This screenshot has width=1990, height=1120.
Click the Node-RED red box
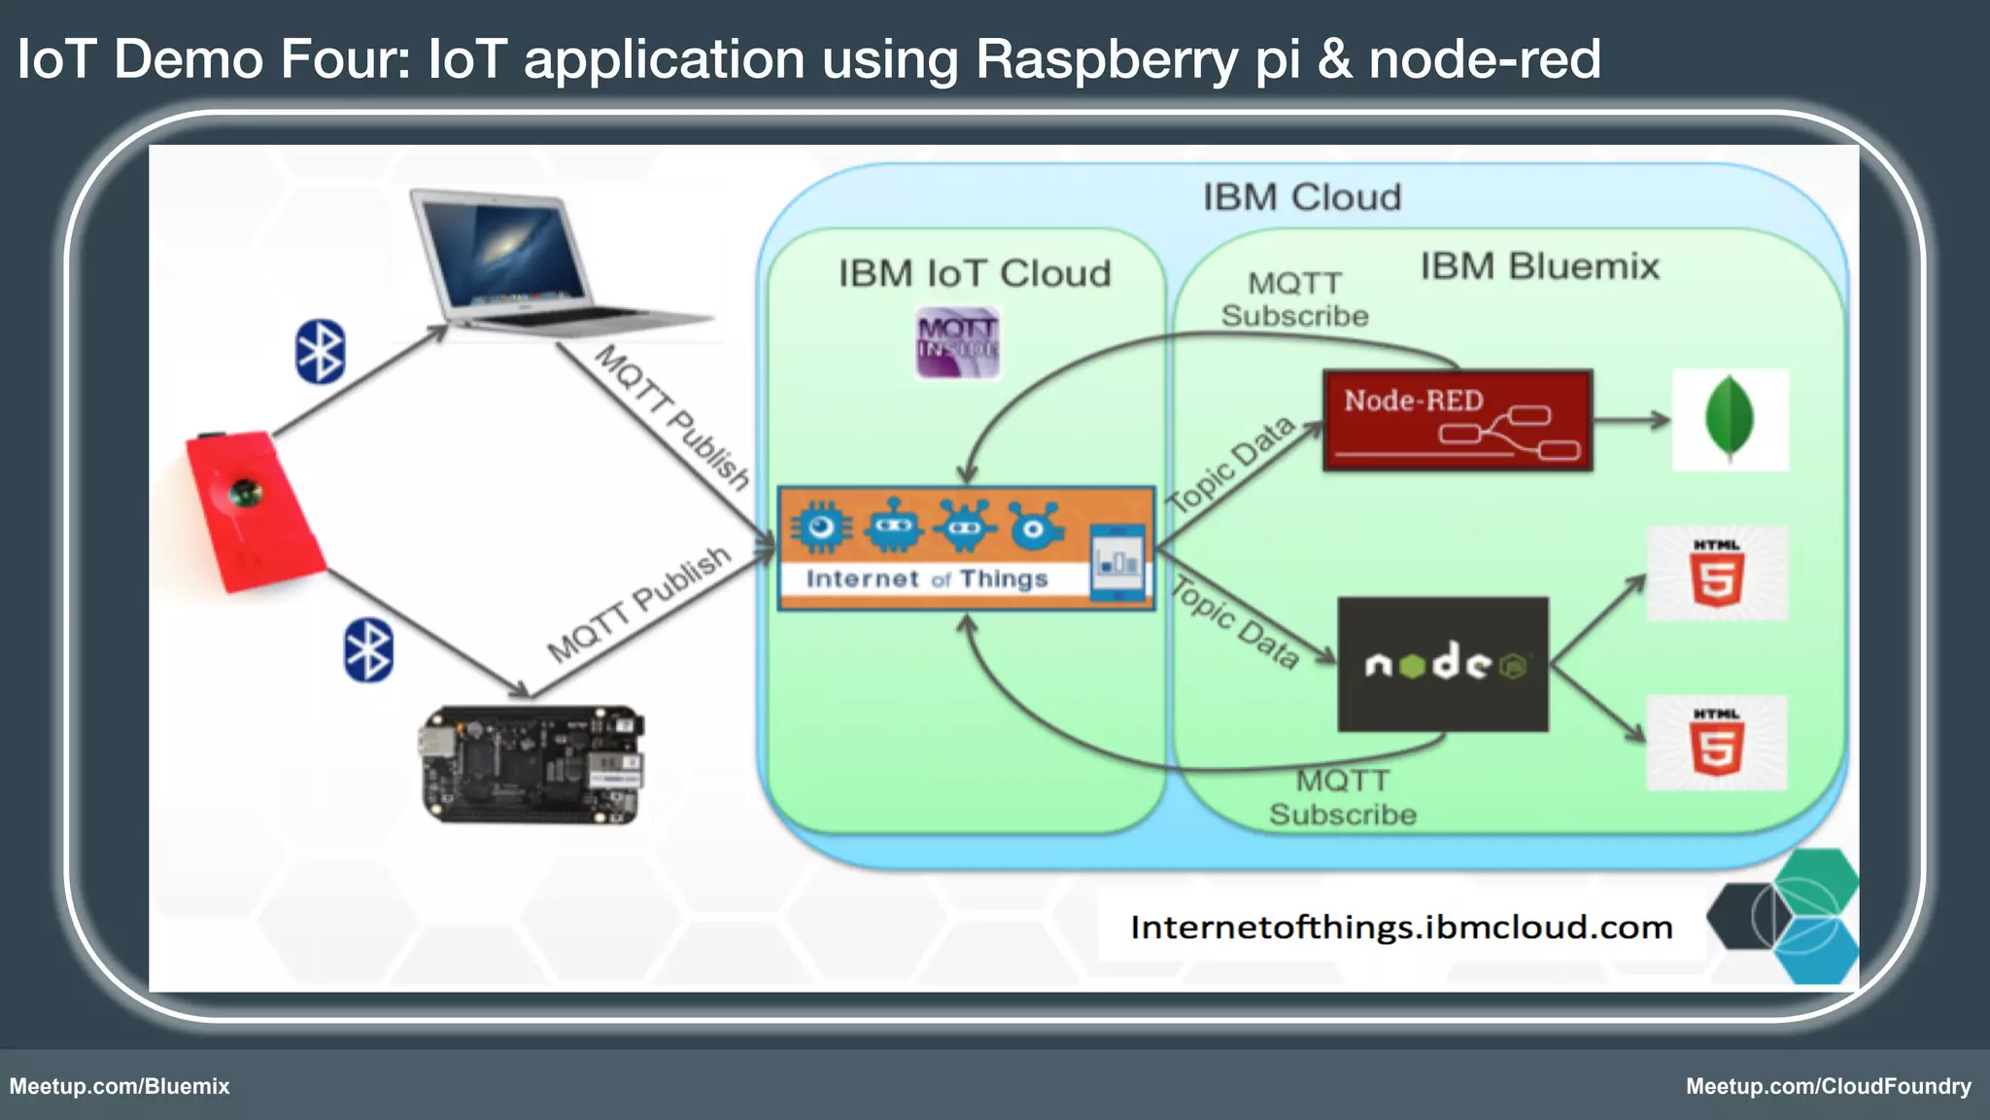click(x=1458, y=421)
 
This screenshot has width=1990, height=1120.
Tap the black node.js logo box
click(x=1443, y=664)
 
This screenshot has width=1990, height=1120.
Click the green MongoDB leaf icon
click(x=1730, y=420)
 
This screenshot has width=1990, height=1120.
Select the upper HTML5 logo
click(x=1717, y=574)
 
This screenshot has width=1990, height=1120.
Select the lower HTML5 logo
click(x=1717, y=743)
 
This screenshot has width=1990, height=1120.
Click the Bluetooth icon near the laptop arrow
click(x=320, y=351)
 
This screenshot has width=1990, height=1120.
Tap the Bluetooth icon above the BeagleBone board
click(x=368, y=649)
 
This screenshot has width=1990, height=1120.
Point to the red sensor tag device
click(x=253, y=510)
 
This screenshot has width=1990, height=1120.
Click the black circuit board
click(x=533, y=764)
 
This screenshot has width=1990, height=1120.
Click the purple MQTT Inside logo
click(x=957, y=342)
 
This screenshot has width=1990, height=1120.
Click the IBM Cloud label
click(x=1302, y=197)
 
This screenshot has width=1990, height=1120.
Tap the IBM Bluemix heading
click(x=1539, y=265)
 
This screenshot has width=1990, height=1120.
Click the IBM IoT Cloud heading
click(x=975, y=273)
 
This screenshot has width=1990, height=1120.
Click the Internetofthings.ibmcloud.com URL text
click(x=1401, y=927)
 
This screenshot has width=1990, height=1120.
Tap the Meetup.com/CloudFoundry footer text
click(x=1828, y=1086)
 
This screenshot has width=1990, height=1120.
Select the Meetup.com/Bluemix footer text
click(x=120, y=1086)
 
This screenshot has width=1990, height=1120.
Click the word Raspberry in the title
click(x=1107, y=59)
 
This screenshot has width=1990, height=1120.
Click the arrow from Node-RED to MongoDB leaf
click(x=1632, y=421)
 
